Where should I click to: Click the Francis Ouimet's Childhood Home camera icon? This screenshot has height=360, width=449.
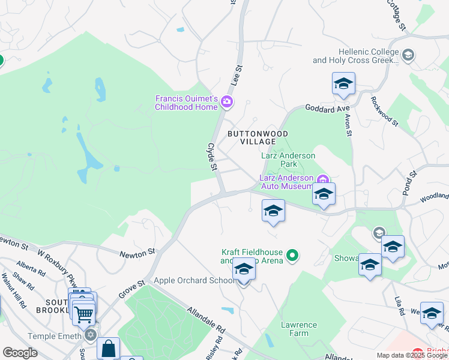pos(227,102)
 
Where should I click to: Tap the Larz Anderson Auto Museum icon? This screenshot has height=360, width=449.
pos(322,179)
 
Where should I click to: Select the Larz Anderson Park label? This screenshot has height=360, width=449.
pos(288,160)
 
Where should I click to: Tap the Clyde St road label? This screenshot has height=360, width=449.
pos(211,156)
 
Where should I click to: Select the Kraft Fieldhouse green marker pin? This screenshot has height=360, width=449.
pos(292,256)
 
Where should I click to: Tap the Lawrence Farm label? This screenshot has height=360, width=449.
pos(298,329)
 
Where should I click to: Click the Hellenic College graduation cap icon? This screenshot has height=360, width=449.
pos(408,56)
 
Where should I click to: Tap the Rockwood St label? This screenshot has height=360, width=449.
pos(384,111)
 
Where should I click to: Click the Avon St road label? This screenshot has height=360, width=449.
pos(349,127)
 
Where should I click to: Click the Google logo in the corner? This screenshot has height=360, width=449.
pos(20,353)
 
